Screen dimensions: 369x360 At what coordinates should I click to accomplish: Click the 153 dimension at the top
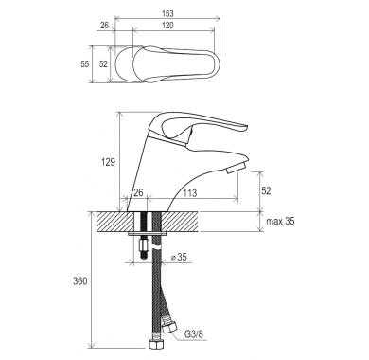click(167, 13)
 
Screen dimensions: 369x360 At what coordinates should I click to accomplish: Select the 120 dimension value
click(167, 26)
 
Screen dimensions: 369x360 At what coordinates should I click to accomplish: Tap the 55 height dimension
click(85, 64)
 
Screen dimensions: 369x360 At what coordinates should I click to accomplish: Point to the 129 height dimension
click(108, 162)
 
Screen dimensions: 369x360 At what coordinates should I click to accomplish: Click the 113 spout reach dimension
click(190, 192)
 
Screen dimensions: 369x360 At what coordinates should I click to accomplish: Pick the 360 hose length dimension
click(80, 280)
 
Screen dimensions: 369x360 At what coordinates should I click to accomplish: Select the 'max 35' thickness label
click(280, 221)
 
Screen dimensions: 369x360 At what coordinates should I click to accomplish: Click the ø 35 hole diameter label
click(179, 257)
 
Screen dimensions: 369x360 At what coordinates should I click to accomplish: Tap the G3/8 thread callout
click(194, 334)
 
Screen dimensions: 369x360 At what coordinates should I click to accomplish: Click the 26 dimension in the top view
click(104, 26)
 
